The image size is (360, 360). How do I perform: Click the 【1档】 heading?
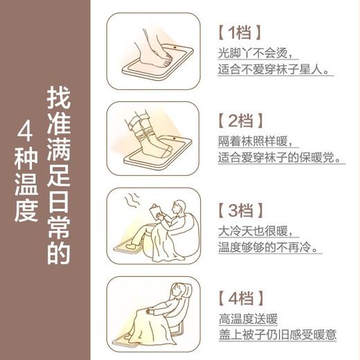click(x=240, y=33)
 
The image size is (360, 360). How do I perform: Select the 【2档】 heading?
click(x=241, y=121)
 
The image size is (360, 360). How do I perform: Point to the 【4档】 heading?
click(x=241, y=298)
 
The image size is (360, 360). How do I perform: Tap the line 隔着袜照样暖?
click(x=255, y=141)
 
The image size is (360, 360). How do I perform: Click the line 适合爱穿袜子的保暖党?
click(x=280, y=159)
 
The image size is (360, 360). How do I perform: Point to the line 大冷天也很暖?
click(x=255, y=229)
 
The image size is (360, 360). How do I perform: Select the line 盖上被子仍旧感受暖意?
click(x=277, y=336)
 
